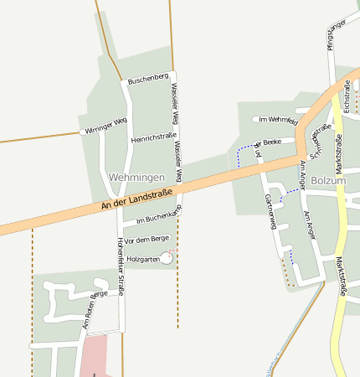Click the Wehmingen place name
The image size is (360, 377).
pyautogui.click(x=136, y=178)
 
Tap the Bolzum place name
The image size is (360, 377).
pyautogui.click(x=328, y=180)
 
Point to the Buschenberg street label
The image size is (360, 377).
pyautogui.click(x=149, y=79)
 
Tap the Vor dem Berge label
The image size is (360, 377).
pyautogui.click(x=147, y=240)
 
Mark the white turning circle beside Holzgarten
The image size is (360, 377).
pyautogui.click(x=167, y=258)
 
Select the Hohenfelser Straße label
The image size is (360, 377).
pyautogui.click(x=121, y=266)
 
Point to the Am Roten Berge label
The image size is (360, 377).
pyautogui.click(x=98, y=307)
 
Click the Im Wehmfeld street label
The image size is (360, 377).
pyautogui.click(x=278, y=121)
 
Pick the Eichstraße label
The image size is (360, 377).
pyautogui.click(x=347, y=96)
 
